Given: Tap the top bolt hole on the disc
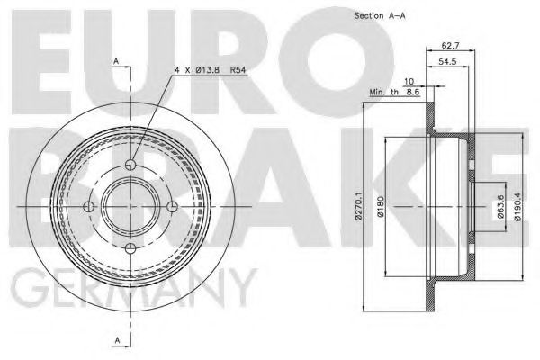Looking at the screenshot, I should pos(131,165).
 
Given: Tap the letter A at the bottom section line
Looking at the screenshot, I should pos(115,338).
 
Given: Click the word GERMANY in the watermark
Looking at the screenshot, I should pos(126,290).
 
